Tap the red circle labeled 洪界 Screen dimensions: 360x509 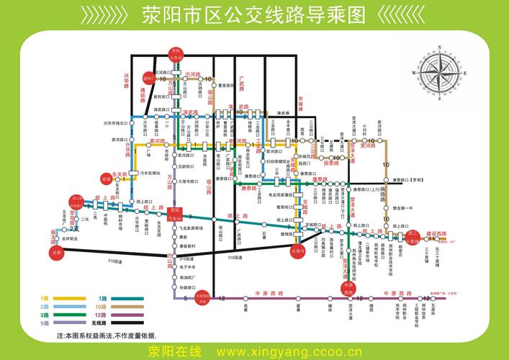pyautogui.click(x=57, y=253)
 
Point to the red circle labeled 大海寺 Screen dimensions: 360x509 pyautogui.click(x=298, y=250)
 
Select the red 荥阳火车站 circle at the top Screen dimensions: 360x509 pyautogui.click(x=175, y=53)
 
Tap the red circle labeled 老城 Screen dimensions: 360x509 pyautogui.click(x=107, y=179)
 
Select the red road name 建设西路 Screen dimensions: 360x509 pyautogui.click(x=436, y=234)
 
